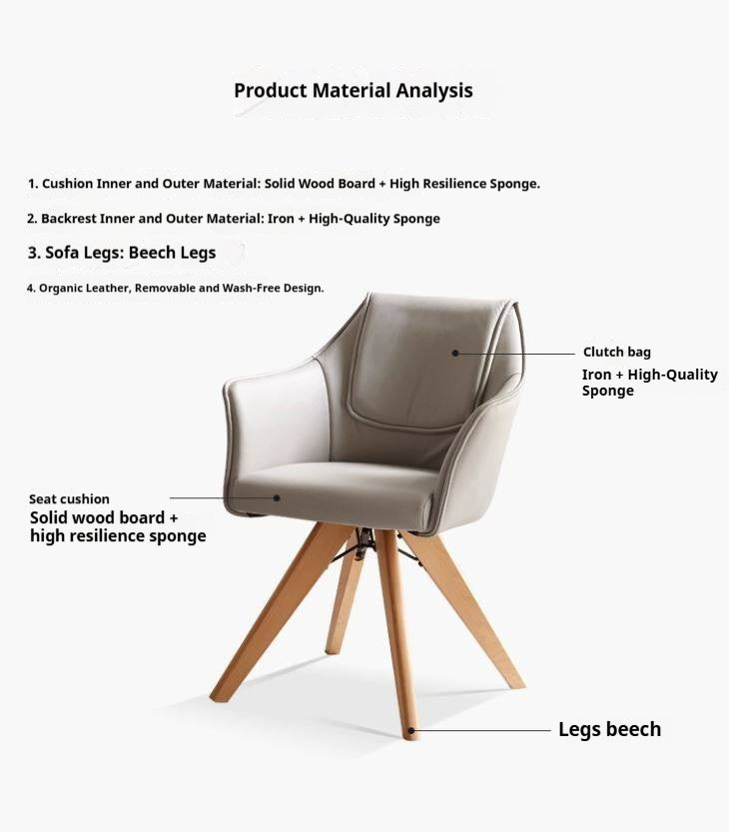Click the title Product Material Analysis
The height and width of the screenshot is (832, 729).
pos(354,90)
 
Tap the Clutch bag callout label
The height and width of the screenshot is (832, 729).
pos(616,353)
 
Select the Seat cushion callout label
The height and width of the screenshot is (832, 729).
pos(69,499)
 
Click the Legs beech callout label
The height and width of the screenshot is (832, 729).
pos(609,730)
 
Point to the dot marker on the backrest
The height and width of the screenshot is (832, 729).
pos(454,353)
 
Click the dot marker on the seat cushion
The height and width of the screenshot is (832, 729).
pos(277,497)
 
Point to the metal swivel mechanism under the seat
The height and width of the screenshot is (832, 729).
pos(364,542)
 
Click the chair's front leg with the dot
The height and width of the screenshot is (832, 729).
pos(396,639)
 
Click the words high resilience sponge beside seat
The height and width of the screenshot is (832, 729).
pos(118,536)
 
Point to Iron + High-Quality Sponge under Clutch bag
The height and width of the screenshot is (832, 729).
pos(649,383)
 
